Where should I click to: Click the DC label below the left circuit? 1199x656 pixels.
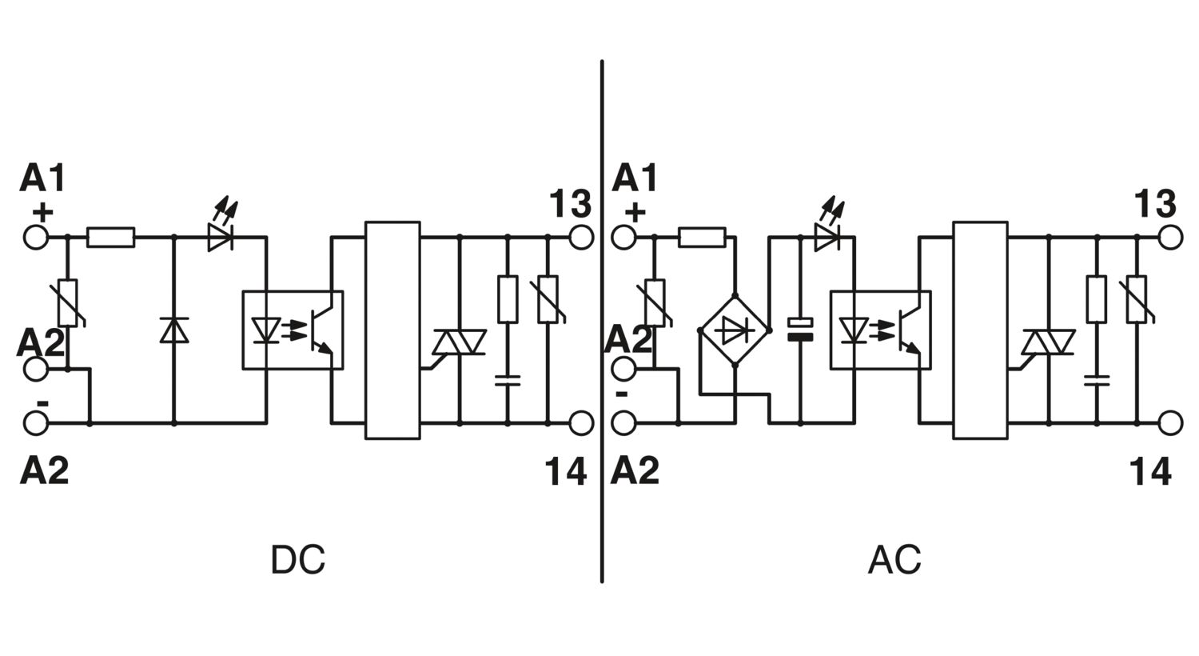tap(298, 560)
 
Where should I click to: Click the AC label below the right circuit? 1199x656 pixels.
tap(894, 560)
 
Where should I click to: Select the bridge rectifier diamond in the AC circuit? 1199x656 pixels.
tap(735, 330)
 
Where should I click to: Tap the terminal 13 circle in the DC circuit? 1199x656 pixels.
tap(581, 237)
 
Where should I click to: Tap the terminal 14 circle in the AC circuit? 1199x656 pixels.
tap(1170, 423)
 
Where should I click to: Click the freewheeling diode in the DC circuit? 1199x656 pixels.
tap(174, 330)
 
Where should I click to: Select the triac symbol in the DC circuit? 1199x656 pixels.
tap(460, 342)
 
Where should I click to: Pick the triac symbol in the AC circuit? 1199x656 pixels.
tap(1048, 342)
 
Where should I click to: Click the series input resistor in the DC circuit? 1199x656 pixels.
tap(111, 238)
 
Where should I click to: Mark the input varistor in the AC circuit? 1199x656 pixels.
tap(655, 302)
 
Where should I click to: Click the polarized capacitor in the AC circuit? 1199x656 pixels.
tap(800, 330)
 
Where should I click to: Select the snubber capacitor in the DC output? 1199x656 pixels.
tap(508, 381)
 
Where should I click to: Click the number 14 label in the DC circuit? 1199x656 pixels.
tap(566, 471)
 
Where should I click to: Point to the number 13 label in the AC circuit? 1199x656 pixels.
tap(1156, 203)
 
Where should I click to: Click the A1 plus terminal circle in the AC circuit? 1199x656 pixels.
tap(623, 237)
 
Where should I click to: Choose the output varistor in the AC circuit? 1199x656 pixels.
tap(1137, 300)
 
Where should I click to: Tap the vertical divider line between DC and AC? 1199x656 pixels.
tap(602, 321)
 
